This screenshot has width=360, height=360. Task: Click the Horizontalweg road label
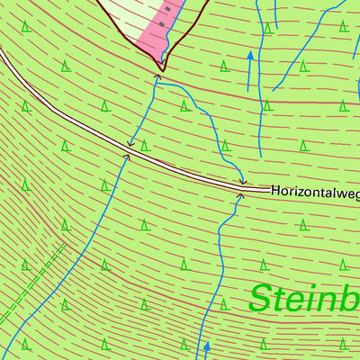point(315,191)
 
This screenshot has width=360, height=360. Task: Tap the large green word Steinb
point(304,298)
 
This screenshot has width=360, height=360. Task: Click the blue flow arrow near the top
point(250,58)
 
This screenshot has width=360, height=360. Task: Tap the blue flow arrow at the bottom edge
point(206,346)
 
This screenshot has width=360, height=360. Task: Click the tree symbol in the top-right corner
point(344,26)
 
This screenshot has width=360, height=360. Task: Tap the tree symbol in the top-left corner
point(26,26)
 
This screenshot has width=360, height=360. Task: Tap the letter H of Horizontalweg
point(275,191)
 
